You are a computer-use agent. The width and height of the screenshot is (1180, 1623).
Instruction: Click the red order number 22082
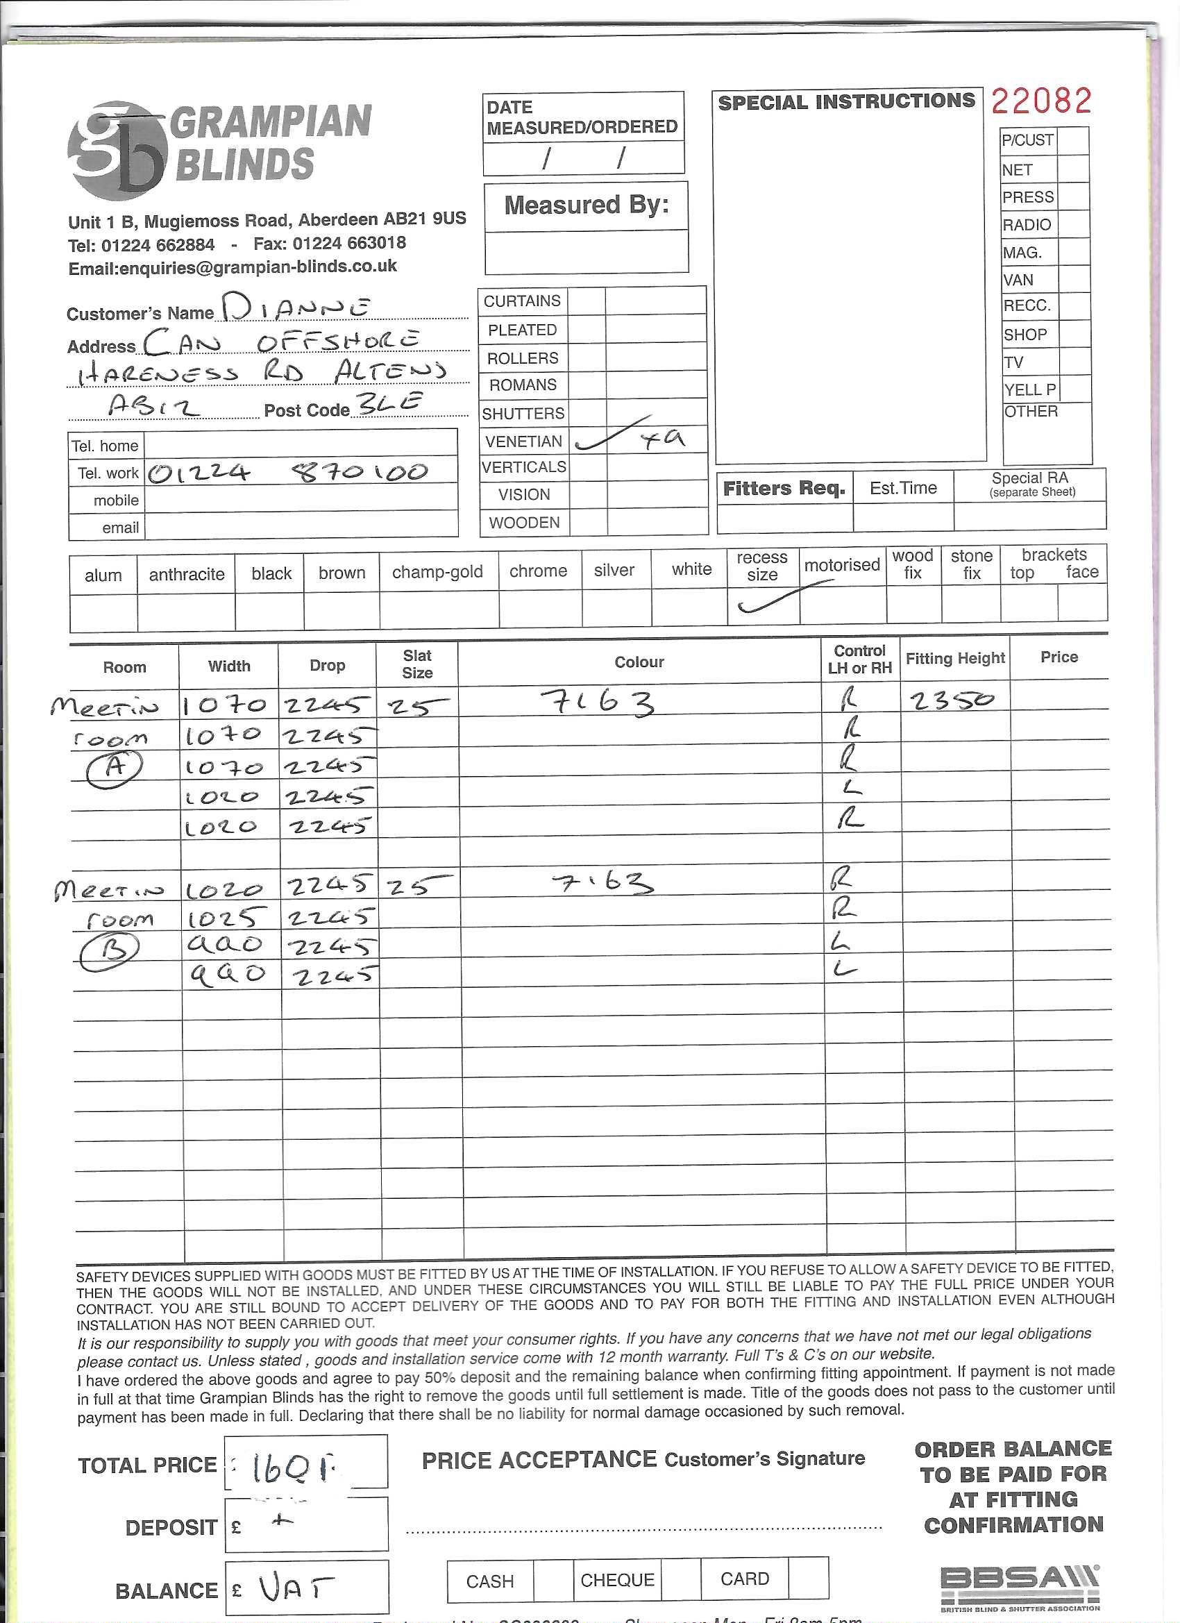1041,101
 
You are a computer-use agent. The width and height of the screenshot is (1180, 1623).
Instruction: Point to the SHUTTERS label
523,414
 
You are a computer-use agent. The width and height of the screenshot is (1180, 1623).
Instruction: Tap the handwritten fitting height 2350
952,698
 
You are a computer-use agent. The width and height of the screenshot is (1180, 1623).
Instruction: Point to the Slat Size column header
416,664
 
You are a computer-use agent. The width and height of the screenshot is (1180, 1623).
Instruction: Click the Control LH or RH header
859,659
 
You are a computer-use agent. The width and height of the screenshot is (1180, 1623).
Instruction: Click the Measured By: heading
586,205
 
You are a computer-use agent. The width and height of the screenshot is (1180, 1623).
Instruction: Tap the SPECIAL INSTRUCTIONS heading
847,101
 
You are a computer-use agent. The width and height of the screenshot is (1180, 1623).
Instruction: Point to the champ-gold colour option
437,572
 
